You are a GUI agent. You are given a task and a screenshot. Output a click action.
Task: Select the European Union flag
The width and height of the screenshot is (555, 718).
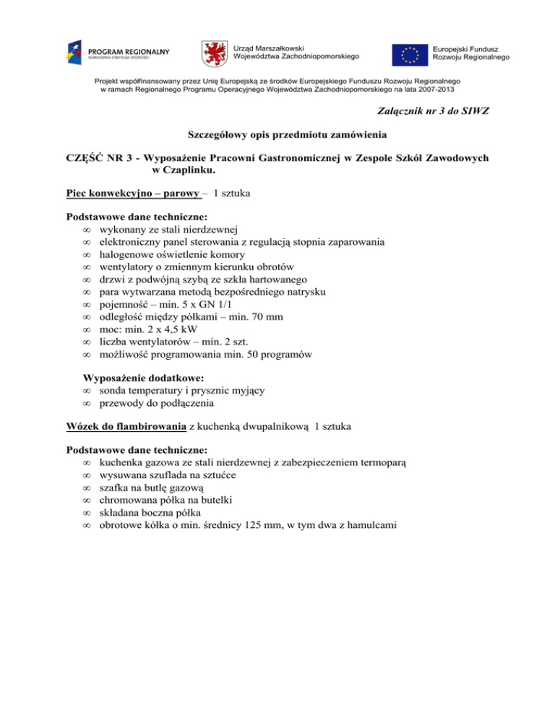pyautogui.click(x=410, y=53)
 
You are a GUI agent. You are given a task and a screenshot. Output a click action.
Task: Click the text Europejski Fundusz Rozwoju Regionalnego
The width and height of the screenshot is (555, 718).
pyautogui.click(x=470, y=53)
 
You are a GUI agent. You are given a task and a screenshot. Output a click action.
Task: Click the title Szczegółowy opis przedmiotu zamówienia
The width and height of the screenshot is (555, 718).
pyautogui.click(x=277, y=135)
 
